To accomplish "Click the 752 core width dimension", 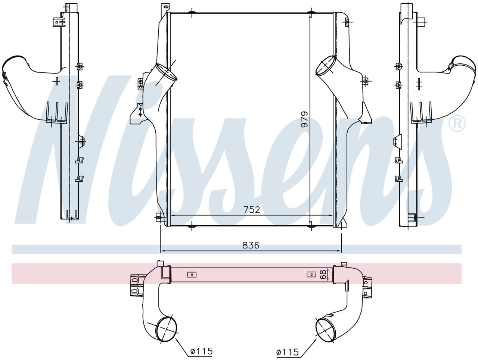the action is click(x=252, y=210).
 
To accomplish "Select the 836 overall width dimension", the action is click(x=251, y=245).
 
